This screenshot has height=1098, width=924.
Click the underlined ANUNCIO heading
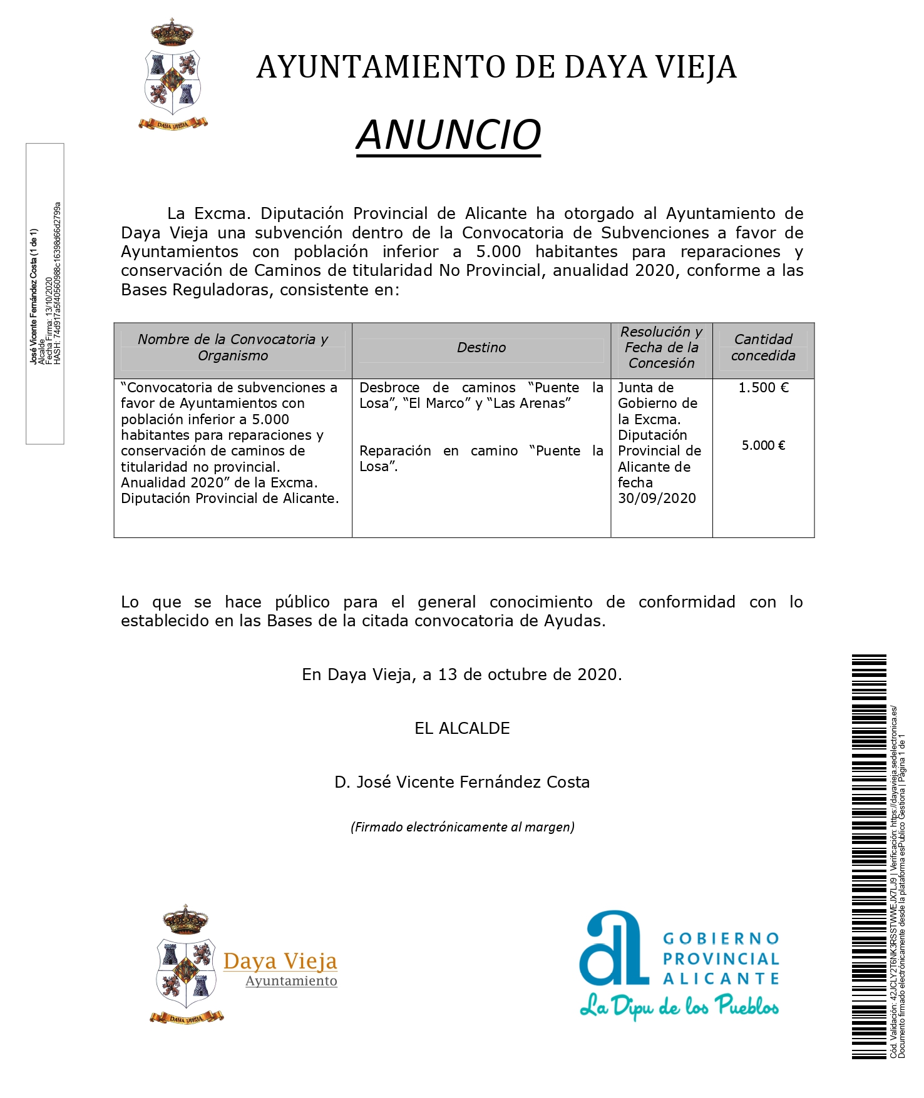click(x=448, y=135)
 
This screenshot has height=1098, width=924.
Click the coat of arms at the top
click(x=173, y=75)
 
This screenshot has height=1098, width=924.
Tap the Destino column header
click(x=481, y=348)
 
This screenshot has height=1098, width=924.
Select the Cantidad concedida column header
click(x=763, y=347)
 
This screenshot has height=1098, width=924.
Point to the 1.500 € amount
click(x=763, y=388)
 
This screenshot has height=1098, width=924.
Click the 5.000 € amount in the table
click(x=763, y=445)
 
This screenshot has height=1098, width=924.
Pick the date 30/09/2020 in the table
click(x=657, y=499)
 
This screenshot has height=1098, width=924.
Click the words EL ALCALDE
click(x=462, y=728)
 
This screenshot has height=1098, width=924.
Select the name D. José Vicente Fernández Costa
click(x=462, y=782)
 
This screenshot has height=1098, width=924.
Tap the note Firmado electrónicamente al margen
click(x=462, y=827)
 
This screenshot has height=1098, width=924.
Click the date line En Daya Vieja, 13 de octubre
click(x=462, y=674)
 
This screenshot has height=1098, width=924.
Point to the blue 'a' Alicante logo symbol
click(x=612, y=948)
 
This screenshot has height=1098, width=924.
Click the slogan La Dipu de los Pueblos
click(x=679, y=1006)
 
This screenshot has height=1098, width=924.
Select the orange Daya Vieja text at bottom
click(x=280, y=961)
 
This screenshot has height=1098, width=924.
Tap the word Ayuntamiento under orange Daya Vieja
click(x=291, y=981)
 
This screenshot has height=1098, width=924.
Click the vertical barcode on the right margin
click(x=869, y=857)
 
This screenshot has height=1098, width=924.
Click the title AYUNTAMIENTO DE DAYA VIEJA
click(x=496, y=68)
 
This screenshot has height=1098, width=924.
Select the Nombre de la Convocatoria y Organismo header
click(x=233, y=347)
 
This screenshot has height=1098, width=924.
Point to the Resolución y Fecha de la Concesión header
click(x=662, y=347)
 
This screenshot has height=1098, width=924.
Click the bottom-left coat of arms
click(x=186, y=964)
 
